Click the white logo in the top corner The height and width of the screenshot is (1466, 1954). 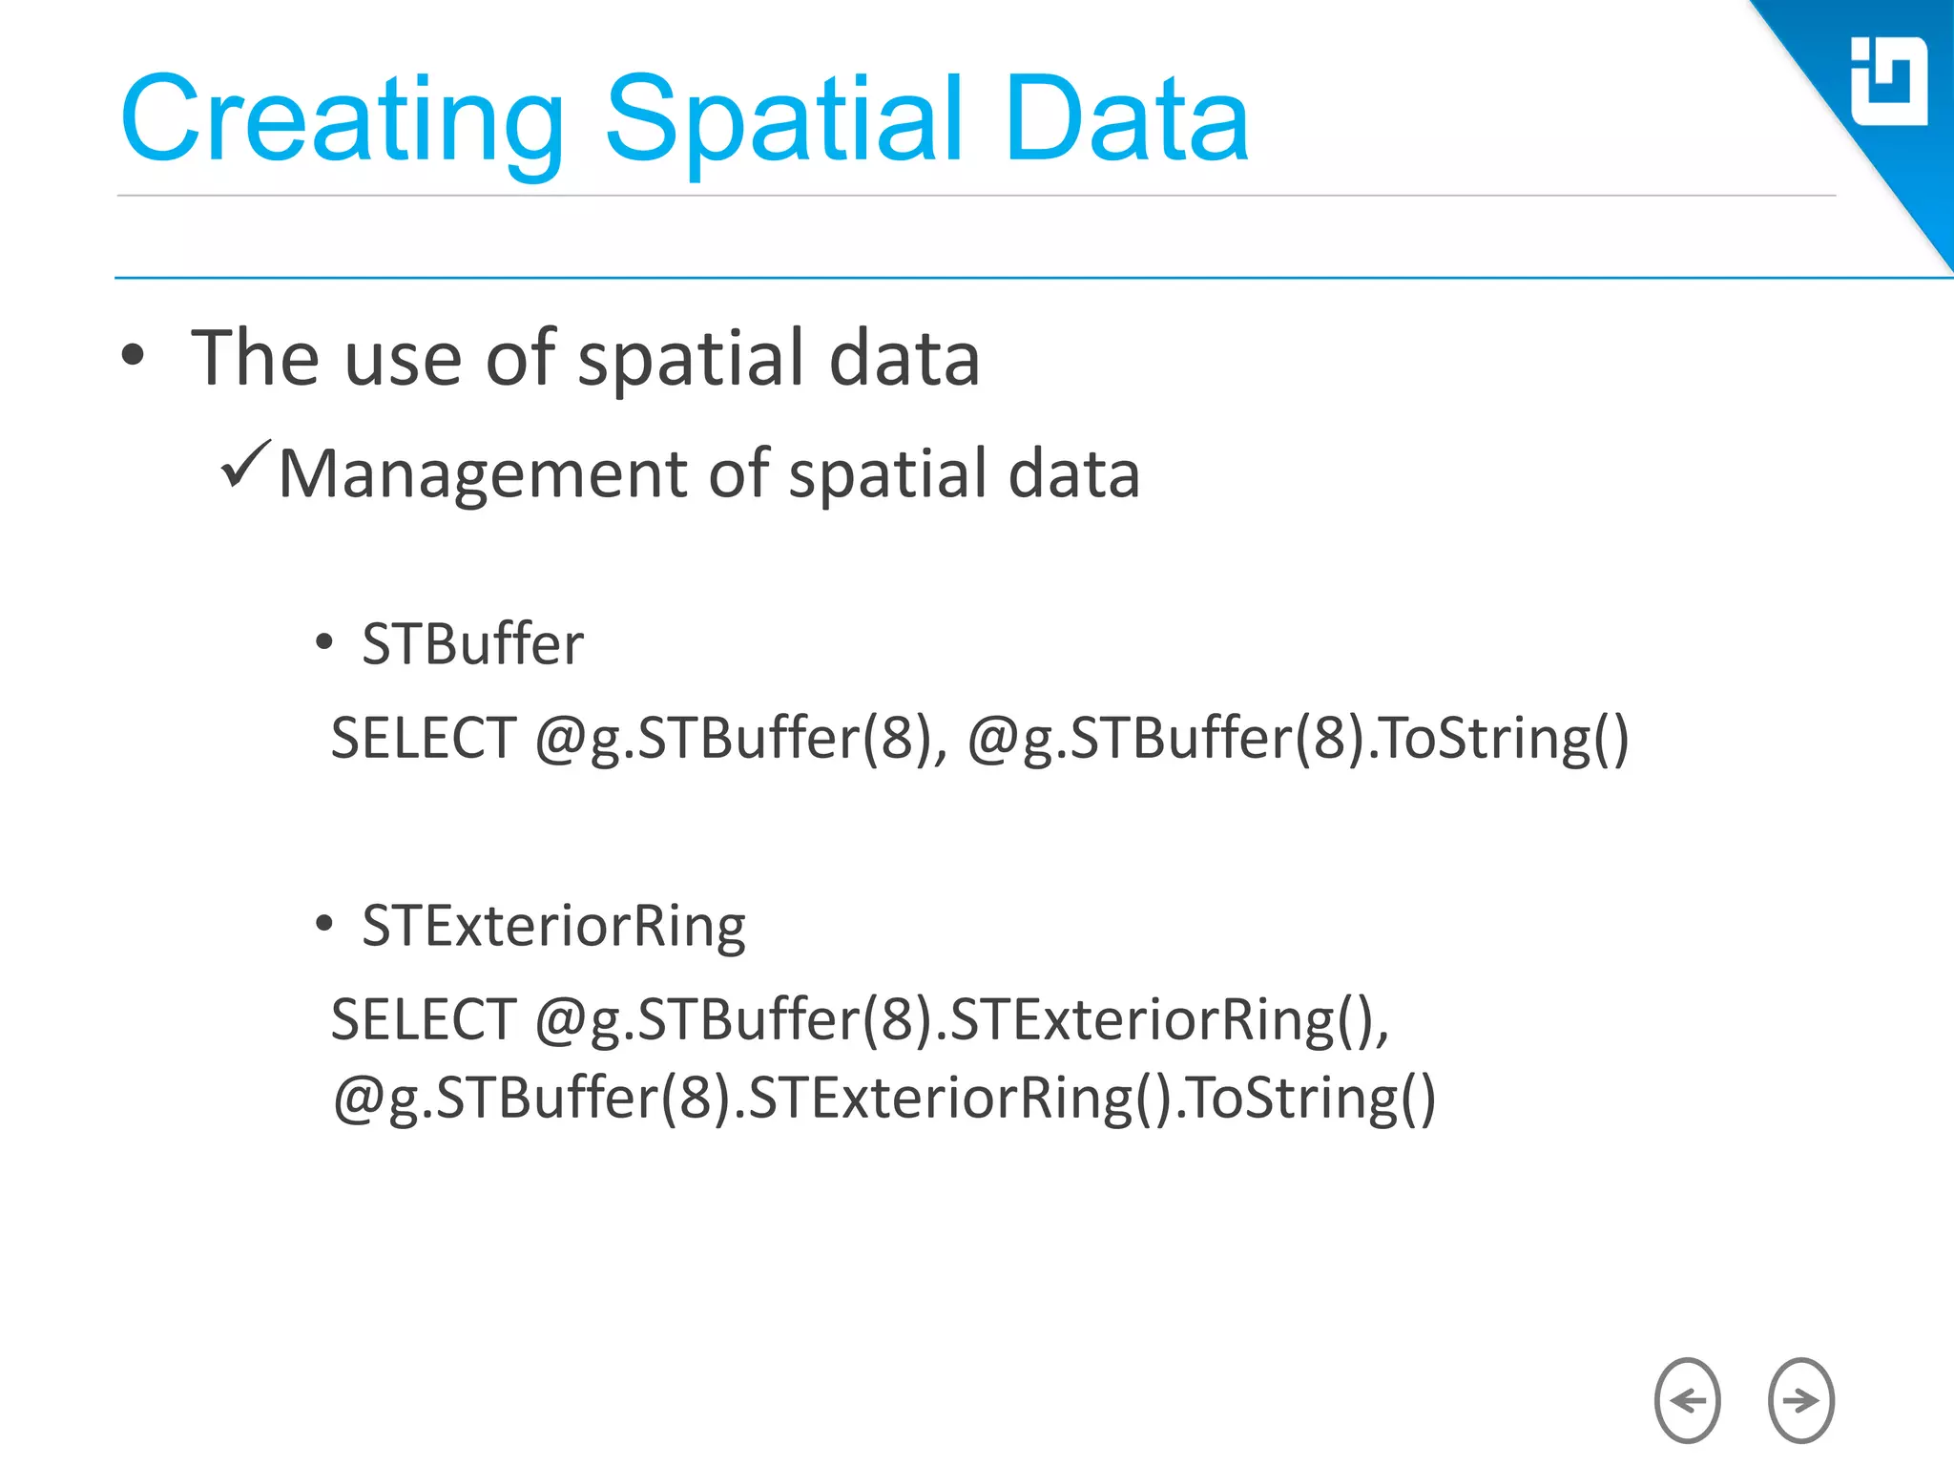(1888, 82)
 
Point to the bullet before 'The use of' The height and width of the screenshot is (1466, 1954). (134, 355)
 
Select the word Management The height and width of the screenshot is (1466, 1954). (483, 474)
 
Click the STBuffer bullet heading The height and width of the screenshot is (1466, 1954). (472, 643)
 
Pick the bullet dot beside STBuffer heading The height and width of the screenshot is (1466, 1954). (324, 642)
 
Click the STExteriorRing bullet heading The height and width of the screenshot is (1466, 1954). (553, 925)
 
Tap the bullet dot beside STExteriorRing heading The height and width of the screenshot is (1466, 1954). (324, 923)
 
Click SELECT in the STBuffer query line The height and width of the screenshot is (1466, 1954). (424, 738)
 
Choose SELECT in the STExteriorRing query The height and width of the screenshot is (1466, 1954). (424, 1018)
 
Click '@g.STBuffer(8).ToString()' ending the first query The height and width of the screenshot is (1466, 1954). (1298, 738)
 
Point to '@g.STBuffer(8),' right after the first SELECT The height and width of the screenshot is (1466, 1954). (741, 738)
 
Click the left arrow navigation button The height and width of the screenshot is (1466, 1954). (1687, 1400)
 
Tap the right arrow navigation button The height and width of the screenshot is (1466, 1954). (1800, 1400)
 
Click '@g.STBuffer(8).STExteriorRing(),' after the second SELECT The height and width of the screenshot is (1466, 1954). (962, 1018)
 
